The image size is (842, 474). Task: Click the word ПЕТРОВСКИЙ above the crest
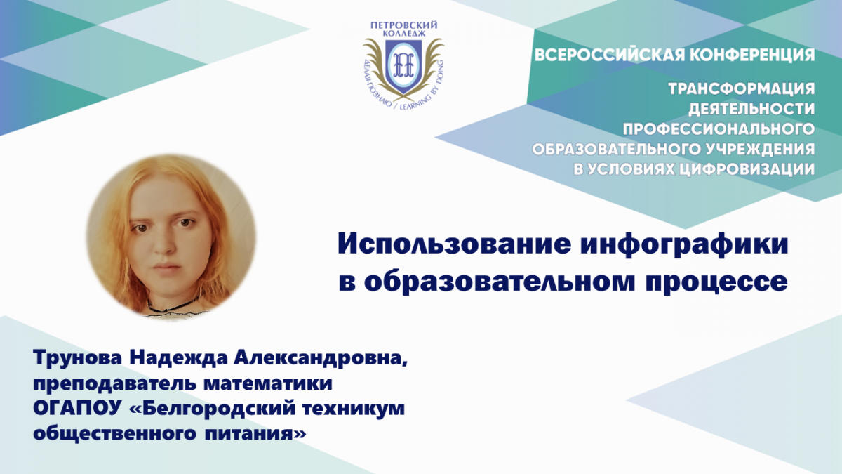tap(404, 25)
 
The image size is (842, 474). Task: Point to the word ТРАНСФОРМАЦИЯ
tap(741, 89)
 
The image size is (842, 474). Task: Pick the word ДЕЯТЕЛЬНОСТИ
tap(751, 109)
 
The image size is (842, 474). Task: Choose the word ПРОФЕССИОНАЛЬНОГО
tap(719, 129)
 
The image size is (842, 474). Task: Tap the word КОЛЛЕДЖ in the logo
tap(404, 34)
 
